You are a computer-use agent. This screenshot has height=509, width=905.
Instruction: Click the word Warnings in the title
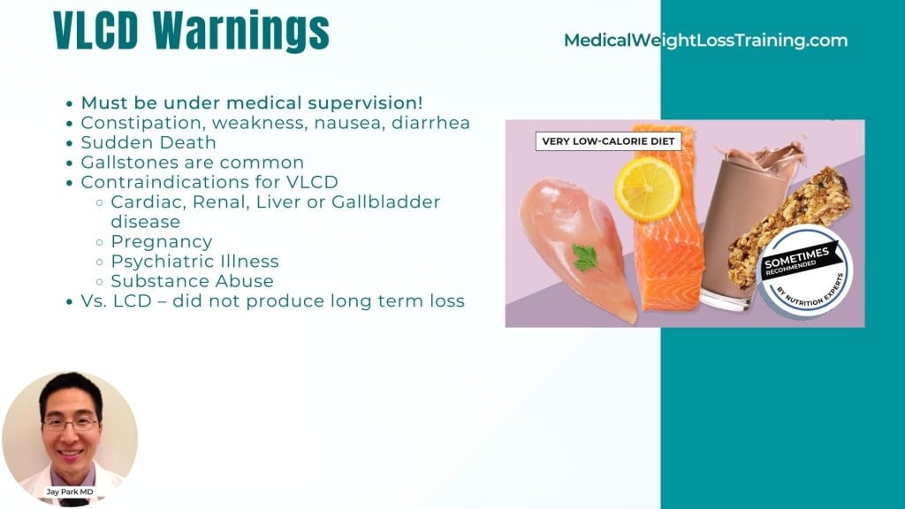[241, 31]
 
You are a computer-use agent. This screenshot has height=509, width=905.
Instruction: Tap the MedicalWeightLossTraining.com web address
[706, 41]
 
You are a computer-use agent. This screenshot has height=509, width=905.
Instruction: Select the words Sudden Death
[148, 142]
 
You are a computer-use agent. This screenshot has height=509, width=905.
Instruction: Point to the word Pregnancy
[162, 242]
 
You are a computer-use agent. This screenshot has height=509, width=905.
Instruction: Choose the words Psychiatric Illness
[195, 262]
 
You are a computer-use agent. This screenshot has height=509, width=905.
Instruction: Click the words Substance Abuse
[192, 281]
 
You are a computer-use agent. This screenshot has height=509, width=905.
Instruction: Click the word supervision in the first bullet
[365, 103]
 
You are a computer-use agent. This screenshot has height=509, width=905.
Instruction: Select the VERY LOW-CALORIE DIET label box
[608, 141]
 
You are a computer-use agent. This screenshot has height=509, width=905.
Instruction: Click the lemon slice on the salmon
[648, 190]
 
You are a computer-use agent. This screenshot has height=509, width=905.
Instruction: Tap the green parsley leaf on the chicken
[586, 257]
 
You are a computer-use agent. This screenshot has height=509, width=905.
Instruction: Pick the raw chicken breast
[577, 248]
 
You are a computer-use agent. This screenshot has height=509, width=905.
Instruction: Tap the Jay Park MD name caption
[70, 491]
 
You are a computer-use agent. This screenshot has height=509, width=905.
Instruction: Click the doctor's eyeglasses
[71, 425]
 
